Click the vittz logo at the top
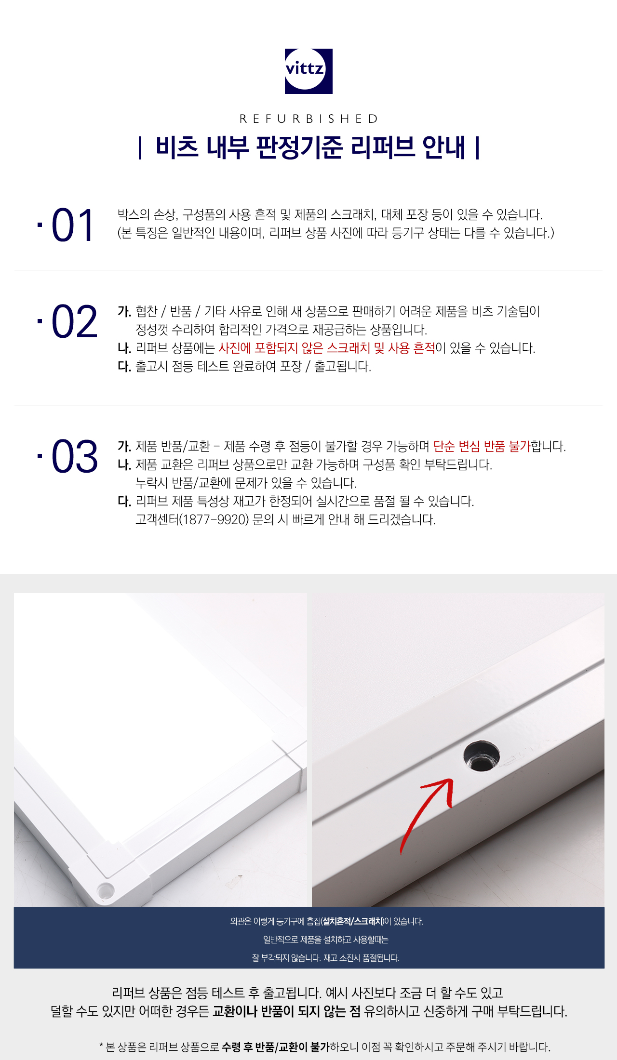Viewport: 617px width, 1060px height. point(308,71)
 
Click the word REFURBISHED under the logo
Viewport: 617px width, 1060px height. point(308,119)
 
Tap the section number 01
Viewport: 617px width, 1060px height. point(72,225)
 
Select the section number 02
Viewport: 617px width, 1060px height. point(74,321)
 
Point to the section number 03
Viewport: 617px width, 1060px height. point(74,456)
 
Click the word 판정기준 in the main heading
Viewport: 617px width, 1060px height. point(299,147)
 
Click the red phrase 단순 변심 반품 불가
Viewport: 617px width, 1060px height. point(482,446)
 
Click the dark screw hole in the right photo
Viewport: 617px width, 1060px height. point(481,755)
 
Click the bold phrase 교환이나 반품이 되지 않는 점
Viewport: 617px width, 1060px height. point(286,1011)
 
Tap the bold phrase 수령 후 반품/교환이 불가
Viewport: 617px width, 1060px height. point(276,1047)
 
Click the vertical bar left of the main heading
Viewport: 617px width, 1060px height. point(140,148)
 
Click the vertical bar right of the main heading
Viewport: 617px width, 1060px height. point(477,148)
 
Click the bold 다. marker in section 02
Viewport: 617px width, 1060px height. point(124,366)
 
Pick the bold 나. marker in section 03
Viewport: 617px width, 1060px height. point(124,464)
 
